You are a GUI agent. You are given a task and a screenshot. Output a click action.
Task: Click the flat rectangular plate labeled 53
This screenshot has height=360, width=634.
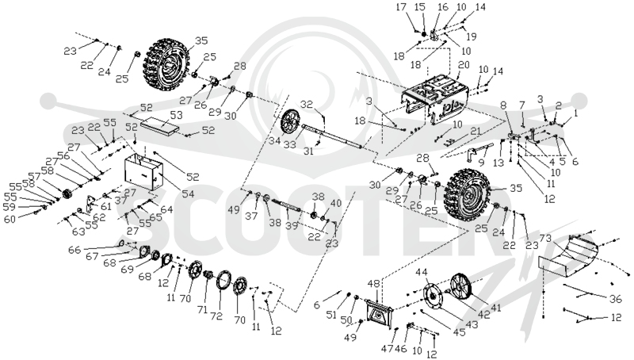click(160, 126)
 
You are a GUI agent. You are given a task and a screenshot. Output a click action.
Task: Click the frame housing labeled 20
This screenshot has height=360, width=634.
click(434, 98)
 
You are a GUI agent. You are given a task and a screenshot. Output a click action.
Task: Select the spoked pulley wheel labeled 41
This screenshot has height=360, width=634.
click(461, 286)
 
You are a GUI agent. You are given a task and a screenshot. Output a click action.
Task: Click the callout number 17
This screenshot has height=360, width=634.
click(401, 7)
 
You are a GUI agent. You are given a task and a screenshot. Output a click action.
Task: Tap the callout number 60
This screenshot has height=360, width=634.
click(10, 220)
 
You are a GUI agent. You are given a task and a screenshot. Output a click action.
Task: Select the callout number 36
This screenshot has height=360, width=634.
click(615, 298)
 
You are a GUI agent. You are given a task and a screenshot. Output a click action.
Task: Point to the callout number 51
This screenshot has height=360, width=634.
click(331, 314)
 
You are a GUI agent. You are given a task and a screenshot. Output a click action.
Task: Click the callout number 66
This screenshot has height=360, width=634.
click(74, 250)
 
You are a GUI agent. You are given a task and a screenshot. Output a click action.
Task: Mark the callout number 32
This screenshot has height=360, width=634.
click(307, 105)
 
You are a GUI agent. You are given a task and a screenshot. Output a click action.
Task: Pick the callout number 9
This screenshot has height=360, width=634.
click(481, 163)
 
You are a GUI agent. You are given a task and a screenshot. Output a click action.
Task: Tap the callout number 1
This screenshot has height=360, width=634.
click(576, 114)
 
